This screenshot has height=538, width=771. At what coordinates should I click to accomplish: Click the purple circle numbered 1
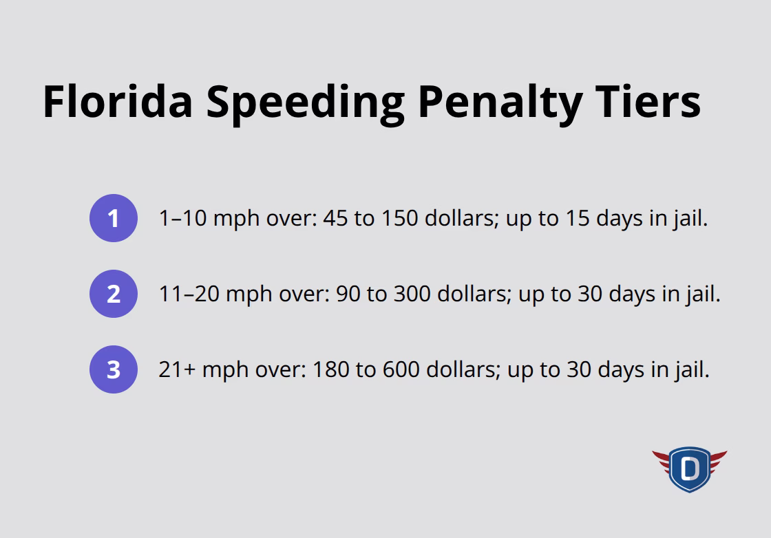[x=114, y=219]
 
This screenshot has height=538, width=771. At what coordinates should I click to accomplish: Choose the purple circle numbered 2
[x=114, y=294]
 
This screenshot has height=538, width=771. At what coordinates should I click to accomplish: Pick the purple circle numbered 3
[x=114, y=370]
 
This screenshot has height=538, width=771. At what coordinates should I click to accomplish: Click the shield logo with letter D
[x=689, y=469]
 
